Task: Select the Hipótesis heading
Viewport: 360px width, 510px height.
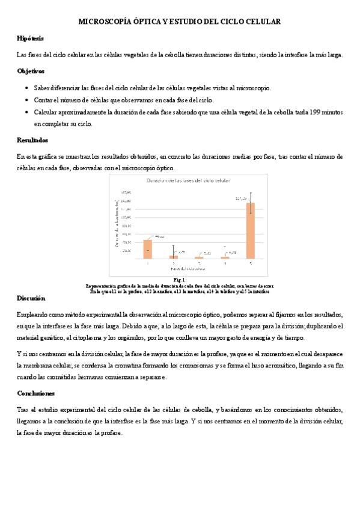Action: (x=30, y=38)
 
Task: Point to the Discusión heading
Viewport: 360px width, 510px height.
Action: (x=31, y=298)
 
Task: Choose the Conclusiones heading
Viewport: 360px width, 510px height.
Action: (x=35, y=393)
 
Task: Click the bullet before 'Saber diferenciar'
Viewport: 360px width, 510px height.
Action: (x=26, y=88)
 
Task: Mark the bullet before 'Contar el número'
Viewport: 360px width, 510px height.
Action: (x=26, y=100)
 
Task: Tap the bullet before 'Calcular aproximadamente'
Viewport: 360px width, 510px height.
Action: (x=26, y=112)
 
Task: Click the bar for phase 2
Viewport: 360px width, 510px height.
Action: (x=174, y=257)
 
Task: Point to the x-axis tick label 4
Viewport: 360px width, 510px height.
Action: (x=225, y=263)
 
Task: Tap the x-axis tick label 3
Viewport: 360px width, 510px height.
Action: (x=200, y=263)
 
